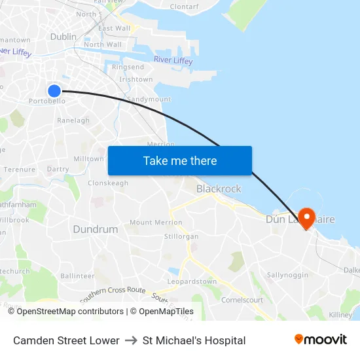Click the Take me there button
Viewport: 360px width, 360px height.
180,161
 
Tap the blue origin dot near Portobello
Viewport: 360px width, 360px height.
54,91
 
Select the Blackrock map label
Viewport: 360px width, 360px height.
219,189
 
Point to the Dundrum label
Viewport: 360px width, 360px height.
96,229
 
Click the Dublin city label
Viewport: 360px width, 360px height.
63,37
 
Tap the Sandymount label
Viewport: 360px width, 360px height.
149,99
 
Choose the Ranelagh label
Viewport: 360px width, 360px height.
73,120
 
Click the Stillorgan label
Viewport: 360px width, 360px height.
181,236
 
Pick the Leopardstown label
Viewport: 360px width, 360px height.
192,281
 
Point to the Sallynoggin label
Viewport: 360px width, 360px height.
287,275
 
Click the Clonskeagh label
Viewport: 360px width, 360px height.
108,183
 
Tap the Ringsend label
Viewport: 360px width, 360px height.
128,67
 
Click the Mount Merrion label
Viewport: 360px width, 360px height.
156,223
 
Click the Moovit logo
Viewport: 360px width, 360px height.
321,340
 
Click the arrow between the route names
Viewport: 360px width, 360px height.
131,340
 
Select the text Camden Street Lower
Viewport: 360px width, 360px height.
66,340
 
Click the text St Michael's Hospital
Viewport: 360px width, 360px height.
194,340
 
